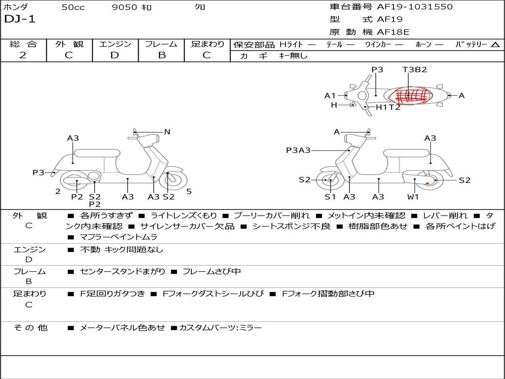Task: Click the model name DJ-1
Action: coord(20,20)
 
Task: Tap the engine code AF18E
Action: coord(394,33)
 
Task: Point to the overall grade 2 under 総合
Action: coord(23,55)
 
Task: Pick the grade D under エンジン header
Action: coord(114,55)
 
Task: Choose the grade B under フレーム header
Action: coord(161,55)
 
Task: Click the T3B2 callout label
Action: coord(414,70)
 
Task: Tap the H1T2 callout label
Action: coord(388,107)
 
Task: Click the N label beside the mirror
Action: coord(167,132)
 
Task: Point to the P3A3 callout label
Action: coord(298,150)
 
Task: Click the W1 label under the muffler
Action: coord(413,197)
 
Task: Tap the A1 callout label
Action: coord(329,96)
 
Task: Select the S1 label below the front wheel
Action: coord(330,197)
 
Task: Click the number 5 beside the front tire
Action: coord(189,191)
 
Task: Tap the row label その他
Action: coord(30,328)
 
